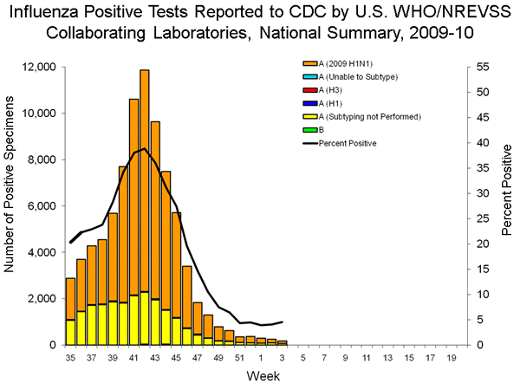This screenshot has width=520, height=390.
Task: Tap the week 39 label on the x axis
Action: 113,356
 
